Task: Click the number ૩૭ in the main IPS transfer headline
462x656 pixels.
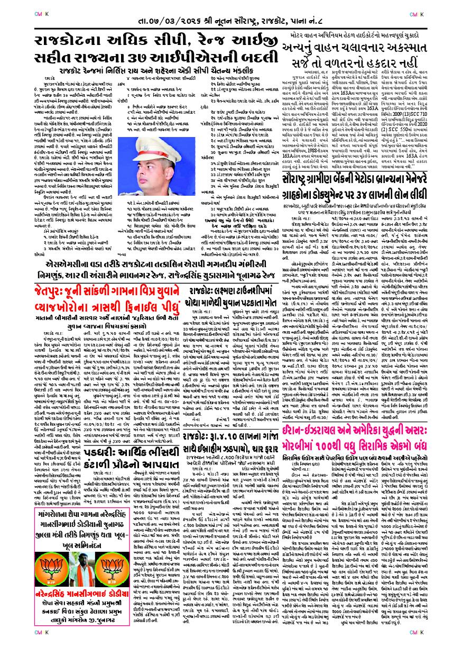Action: click(159, 58)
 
